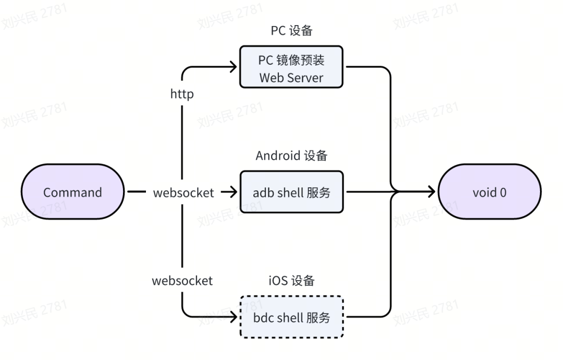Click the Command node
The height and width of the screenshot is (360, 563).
(x=72, y=192)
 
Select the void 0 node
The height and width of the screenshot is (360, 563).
(x=489, y=192)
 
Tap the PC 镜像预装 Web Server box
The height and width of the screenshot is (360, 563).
(x=291, y=67)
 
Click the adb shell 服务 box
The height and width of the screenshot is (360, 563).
(x=291, y=192)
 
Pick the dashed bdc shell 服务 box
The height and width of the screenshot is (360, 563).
(x=291, y=317)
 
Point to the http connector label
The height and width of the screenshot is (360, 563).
(x=182, y=94)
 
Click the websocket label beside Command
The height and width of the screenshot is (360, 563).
(x=183, y=193)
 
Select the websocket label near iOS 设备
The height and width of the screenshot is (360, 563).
(x=182, y=281)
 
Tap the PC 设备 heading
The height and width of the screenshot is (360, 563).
(x=291, y=31)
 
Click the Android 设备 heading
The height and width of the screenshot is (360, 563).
(x=291, y=155)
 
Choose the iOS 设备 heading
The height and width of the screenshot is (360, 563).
(x=291, y=281)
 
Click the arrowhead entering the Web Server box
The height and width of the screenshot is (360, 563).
(x=234, y=67)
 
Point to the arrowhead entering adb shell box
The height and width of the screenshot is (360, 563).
(x=234, y=192)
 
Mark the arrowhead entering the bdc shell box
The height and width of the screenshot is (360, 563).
(x=234, y=317)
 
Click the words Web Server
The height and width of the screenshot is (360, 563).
(x=291, y=78)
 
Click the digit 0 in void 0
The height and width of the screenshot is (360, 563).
(x=503, y=193)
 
